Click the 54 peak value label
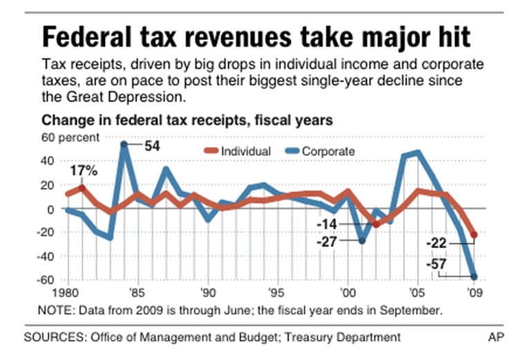[x=151, y=146]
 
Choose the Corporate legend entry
[x=317, y=151]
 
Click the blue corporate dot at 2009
[x=474, y=276]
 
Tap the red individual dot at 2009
[x=474, y=235]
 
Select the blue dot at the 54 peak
[x=124, y=144]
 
